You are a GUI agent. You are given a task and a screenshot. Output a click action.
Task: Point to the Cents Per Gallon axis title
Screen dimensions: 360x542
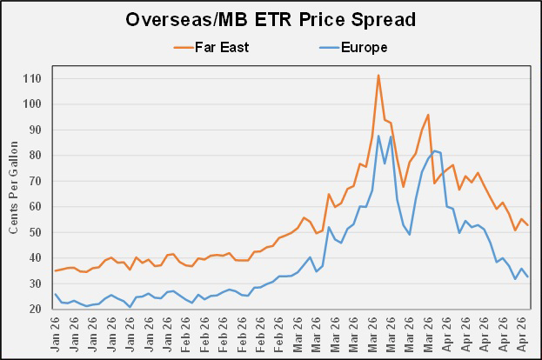pyautogui.click(x=13, y=193)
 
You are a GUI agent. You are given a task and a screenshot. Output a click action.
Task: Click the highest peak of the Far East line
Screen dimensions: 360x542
pyautogui.click(x=378, y=75)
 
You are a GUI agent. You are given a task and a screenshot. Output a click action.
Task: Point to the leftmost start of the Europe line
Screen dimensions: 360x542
pyautogui.click(x=56, y=294)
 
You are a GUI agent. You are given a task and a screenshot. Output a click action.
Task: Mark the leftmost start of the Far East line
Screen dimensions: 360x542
pyautogui.click(x=56, y=270)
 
